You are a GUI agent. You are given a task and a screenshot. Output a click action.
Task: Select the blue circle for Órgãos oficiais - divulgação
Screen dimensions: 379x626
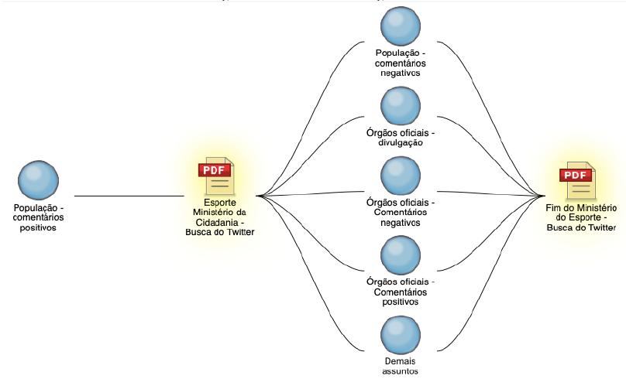pyautogui.click(x=401, y=106)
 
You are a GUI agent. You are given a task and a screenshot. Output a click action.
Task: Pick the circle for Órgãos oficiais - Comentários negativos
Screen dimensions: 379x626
pyautogui.click(x=401, y=176)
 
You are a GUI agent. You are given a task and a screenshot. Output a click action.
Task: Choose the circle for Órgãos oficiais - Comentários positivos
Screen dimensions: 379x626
pyautogui.click(x=401, y=254)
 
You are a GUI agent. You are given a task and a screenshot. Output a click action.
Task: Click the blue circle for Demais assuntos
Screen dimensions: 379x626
pyautogui.click(x=401, y=334)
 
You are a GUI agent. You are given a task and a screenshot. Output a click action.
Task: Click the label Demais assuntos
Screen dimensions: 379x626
pyautogui.click(x=401, y=366)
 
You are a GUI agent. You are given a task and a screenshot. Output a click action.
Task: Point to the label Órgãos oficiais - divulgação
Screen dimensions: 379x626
pyautogui.click(x=401, y=137)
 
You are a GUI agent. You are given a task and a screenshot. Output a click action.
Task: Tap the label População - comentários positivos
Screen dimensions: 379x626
pyautogui.click(x=38, y=218)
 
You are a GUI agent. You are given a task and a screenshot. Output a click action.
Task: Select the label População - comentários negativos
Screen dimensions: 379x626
pyautogui.click(x=401, y=63)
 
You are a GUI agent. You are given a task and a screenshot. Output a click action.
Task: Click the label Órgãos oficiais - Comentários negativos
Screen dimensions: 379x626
pyautogui.click(x=401, y=212)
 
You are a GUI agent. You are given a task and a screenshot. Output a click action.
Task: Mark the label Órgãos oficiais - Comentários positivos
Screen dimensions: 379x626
pyautogui.click(x=401, y=292)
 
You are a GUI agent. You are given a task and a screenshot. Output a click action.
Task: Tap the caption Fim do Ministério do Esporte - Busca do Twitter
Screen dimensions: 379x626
pyautogui.click(x=580, y=218)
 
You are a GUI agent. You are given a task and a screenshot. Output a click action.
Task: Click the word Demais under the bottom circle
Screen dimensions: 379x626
pyautogui.click(x=401, y=360)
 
